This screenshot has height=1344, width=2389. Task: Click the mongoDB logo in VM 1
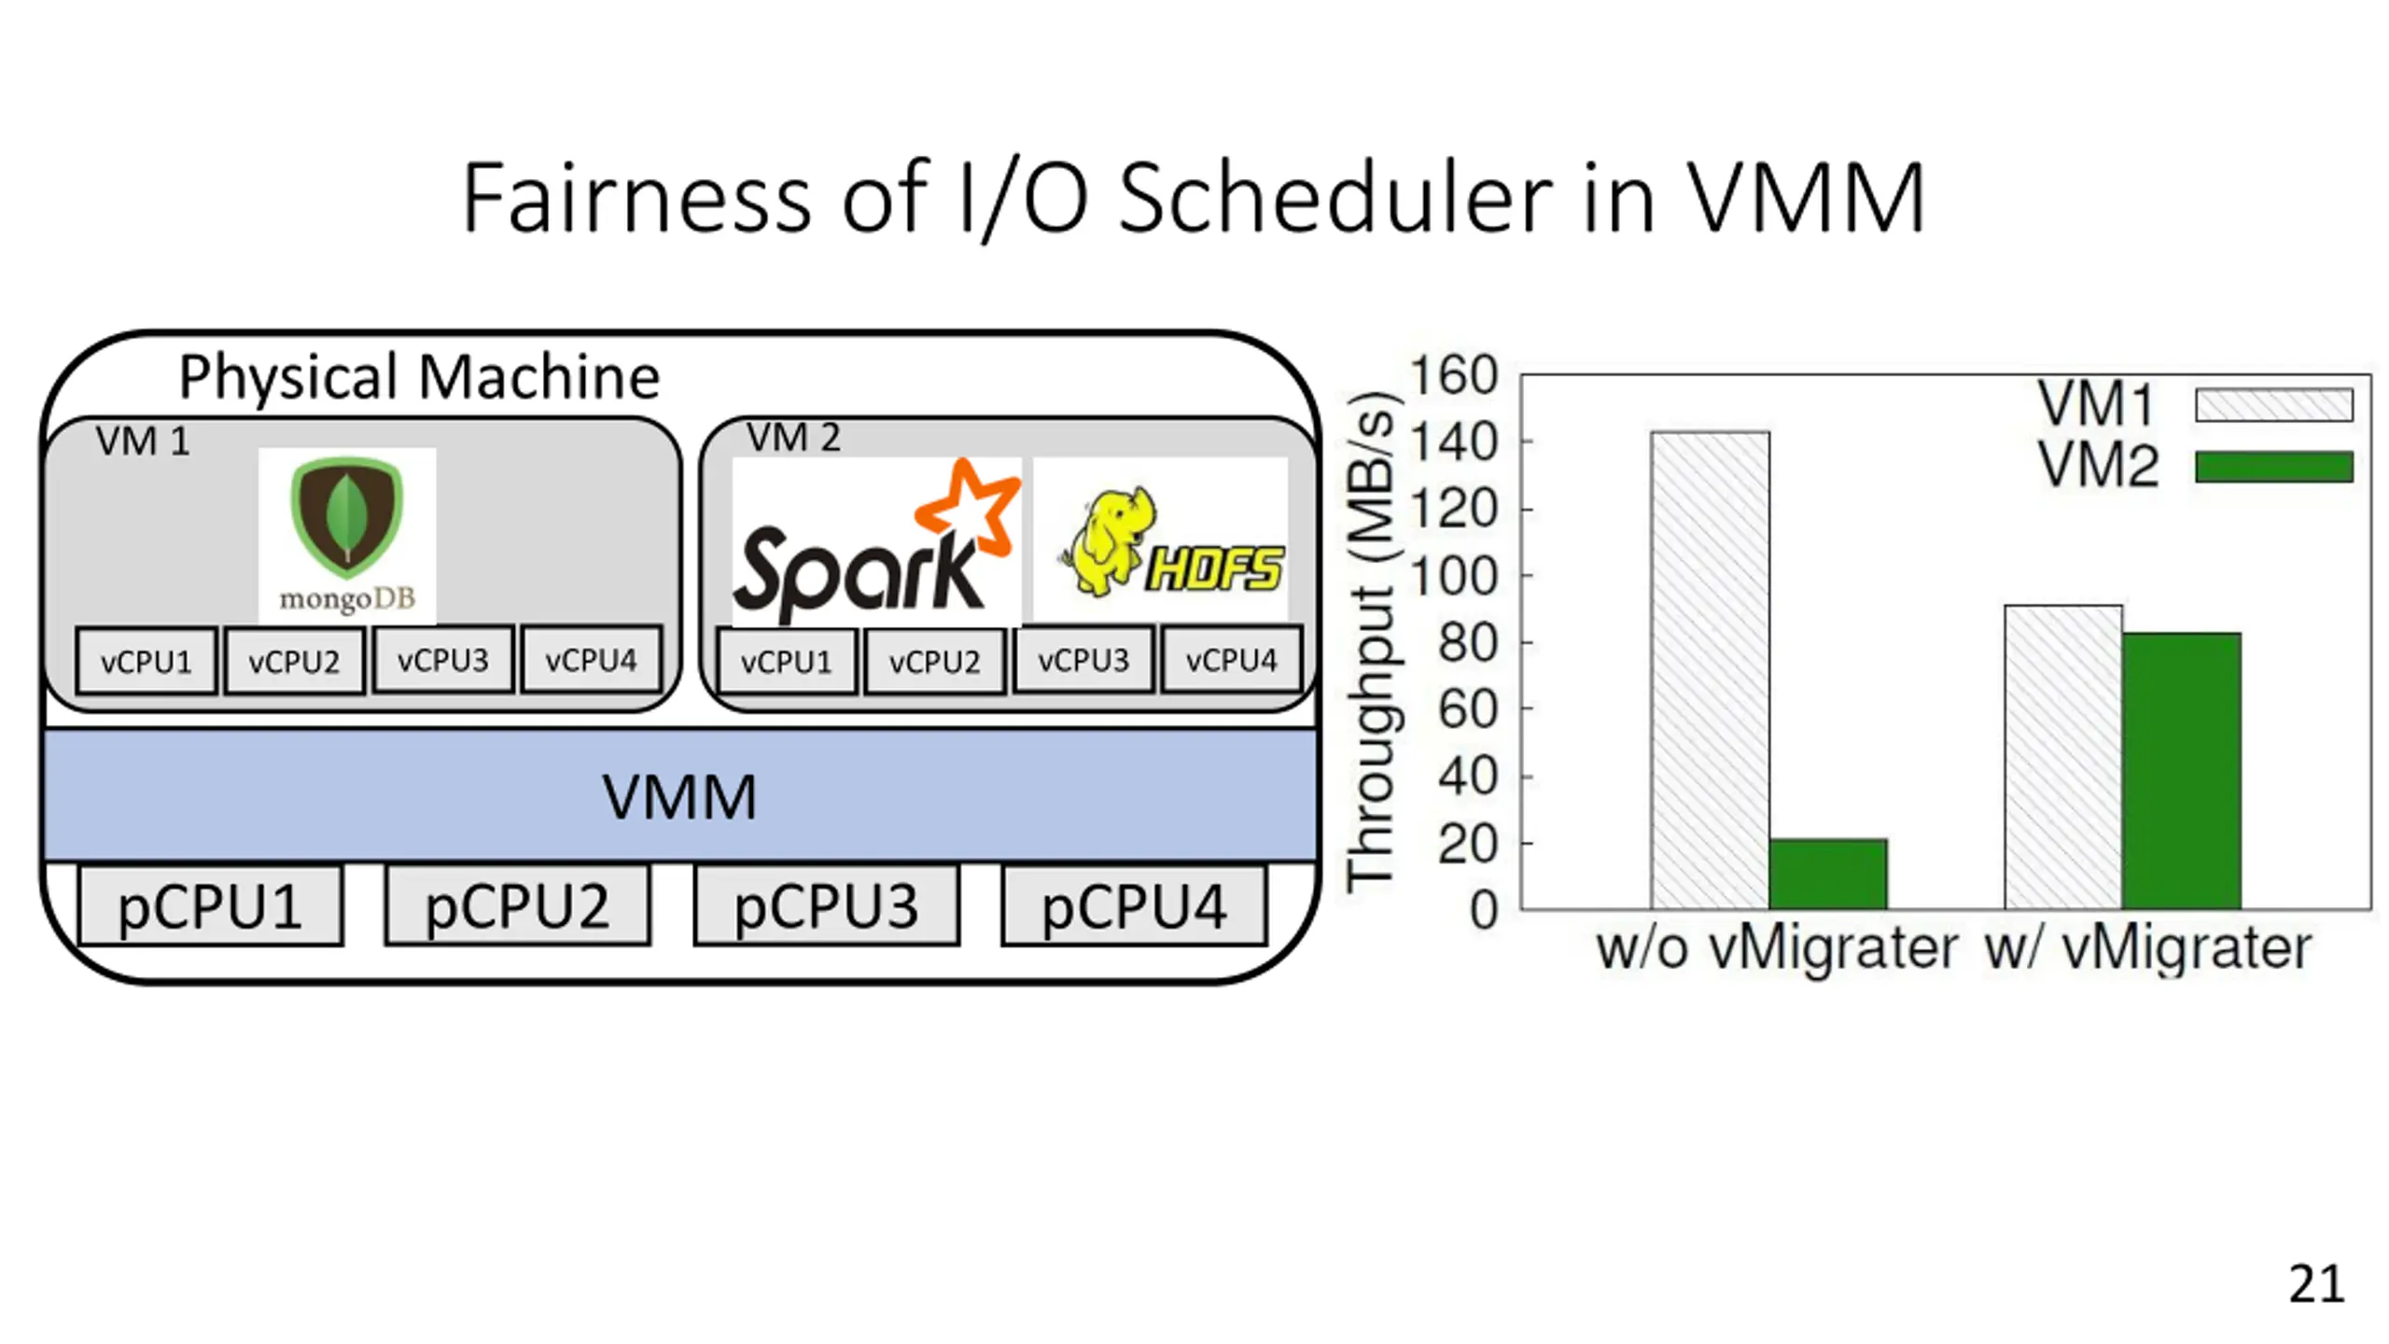pos(347,535)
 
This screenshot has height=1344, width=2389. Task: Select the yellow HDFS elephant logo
pos(1161,539)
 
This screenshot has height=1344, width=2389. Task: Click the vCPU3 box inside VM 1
pos(442,661)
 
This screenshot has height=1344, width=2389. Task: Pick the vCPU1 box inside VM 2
pos(786,662)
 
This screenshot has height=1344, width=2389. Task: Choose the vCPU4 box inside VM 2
pos(1231,661)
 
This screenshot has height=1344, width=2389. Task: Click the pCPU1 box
pos(210,906)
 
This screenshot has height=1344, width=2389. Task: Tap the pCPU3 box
pos(826,906)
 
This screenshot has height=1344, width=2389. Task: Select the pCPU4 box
pos(1134,906)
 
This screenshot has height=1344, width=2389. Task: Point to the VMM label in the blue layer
pos(679,797)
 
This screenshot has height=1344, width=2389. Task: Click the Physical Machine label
pos(419,376)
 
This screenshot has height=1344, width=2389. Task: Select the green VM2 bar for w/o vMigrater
pos(1827,874)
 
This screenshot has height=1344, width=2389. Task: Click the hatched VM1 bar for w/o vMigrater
pos(1710,670)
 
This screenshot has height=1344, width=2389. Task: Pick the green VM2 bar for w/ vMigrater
pos(2181,770)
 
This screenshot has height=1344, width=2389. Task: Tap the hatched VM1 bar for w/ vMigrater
pos(2063,757)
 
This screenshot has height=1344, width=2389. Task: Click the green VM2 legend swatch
pos(2273,467)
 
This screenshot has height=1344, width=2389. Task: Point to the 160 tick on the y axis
pos(1453,376)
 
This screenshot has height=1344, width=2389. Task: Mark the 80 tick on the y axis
pos(1467,643)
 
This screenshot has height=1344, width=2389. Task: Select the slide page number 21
pos(2315,1284)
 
